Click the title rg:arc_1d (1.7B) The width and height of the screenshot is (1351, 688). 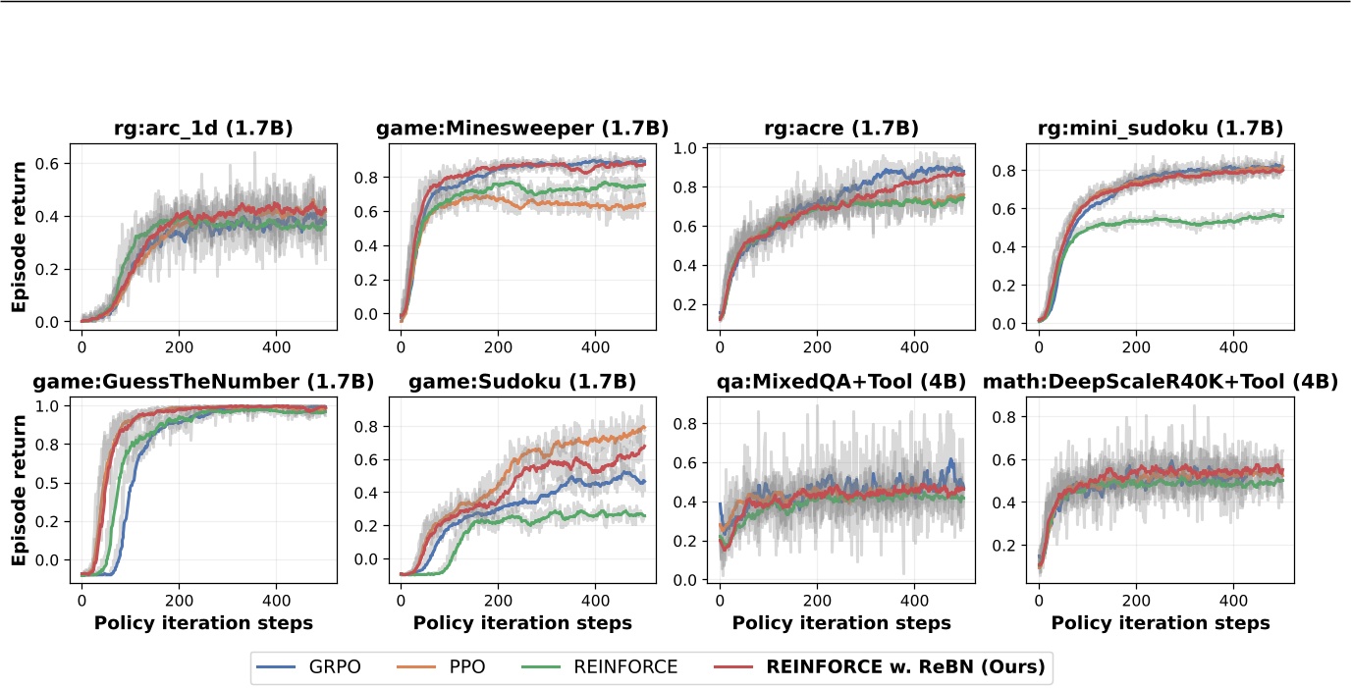203,129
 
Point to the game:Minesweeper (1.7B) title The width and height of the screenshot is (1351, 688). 522,129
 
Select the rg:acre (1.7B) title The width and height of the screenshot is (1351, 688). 841,129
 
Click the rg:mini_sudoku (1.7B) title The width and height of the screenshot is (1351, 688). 1161,129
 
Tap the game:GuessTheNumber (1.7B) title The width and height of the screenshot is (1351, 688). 203,381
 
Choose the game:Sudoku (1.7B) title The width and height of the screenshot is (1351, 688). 522,381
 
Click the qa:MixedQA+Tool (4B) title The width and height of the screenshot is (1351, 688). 841,381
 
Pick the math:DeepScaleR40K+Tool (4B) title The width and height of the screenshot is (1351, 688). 1161,381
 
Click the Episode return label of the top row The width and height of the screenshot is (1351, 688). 19,237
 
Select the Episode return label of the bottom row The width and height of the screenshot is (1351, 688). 19,489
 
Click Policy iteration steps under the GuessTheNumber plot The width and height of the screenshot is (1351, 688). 203,623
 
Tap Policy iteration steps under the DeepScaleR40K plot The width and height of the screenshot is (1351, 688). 1161,623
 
